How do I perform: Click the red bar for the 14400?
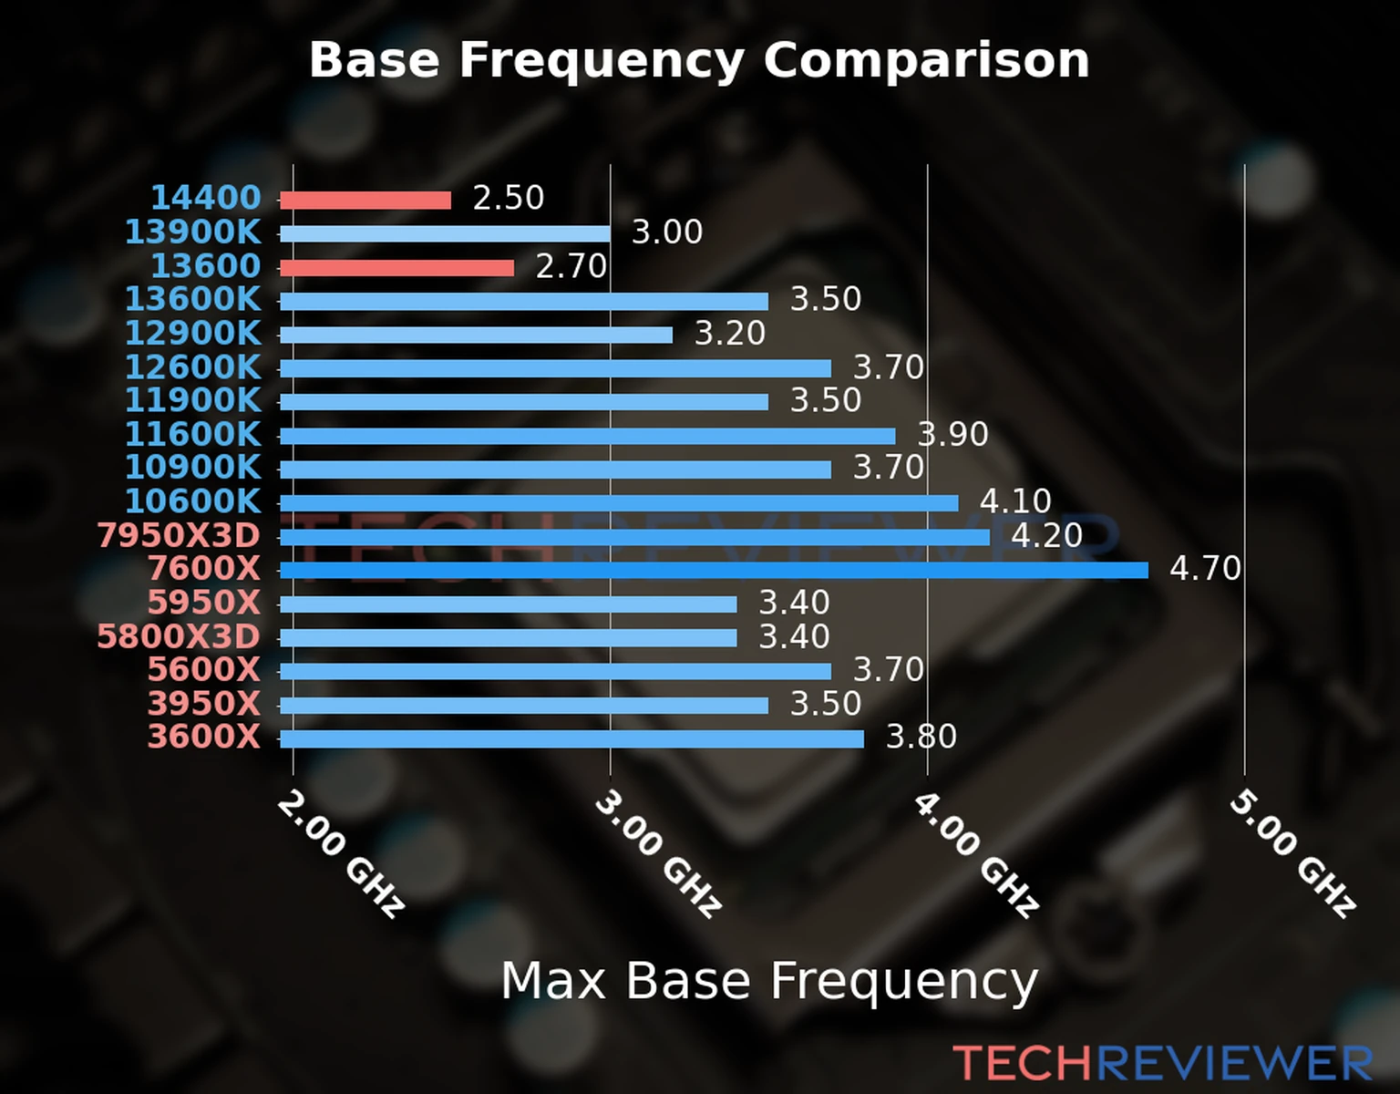coord(365,201)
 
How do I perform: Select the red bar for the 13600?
coord(396,268)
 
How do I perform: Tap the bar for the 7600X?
coord(714,571)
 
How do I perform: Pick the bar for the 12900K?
coord(476,335)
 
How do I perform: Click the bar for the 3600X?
coord(571,738)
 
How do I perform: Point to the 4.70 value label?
coord(1205,569)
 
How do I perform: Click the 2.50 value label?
coord(508,198)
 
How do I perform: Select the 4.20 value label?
coord(1046,535)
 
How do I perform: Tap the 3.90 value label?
coord(952,434)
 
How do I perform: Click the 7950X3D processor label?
coord(179,535)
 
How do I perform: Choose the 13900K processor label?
coord(192,232)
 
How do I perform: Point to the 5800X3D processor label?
coord(179,636)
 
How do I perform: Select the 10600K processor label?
coord(192,501)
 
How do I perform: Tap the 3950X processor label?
coord(204,704)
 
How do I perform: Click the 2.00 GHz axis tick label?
coord(340,854)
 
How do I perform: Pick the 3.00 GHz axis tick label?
coord(658,854)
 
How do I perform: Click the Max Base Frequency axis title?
coord(769,981)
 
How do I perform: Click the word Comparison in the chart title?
coord(926,60)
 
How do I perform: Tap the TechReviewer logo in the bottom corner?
coord(1162,1063)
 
